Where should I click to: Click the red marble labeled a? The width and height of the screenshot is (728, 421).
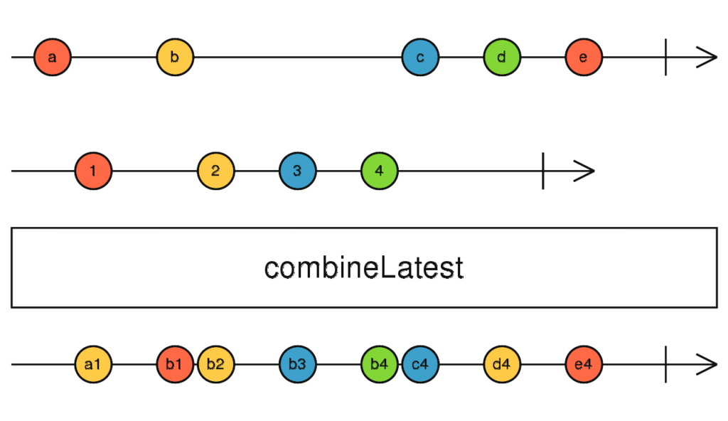click(53, 58)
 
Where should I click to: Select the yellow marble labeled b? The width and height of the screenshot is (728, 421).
click(175, 58)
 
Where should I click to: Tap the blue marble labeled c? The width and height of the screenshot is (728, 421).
click(420, 58)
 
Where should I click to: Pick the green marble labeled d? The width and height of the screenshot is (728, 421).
click(502, 58)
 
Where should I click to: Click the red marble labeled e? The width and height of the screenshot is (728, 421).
click(584, 58)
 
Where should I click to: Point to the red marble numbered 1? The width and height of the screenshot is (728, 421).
click(93, 171)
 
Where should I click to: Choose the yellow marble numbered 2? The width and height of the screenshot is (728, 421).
click(216, 171)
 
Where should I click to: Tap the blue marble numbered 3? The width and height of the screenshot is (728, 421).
click(298, 171)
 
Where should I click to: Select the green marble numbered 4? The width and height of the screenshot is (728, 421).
click(380, 171)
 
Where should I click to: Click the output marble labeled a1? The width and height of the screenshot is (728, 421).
click(93, 364)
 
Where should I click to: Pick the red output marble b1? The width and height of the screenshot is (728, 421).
click(175, 364)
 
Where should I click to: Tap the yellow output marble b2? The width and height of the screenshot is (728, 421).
click(216, 364)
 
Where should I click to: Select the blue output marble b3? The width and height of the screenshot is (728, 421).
click(298, 364)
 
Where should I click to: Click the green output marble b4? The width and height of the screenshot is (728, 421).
click(380, 364)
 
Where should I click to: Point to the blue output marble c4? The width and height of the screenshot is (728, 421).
click(420, 364)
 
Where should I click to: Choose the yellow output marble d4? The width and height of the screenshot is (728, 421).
click(502, 364)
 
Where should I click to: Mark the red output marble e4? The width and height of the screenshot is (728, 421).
click(584, 364)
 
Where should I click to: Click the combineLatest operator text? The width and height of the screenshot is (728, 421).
click(364, 268)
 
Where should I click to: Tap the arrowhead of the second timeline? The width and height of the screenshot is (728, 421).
click(586, 171)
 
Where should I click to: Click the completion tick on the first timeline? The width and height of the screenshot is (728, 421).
click(665, 58)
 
